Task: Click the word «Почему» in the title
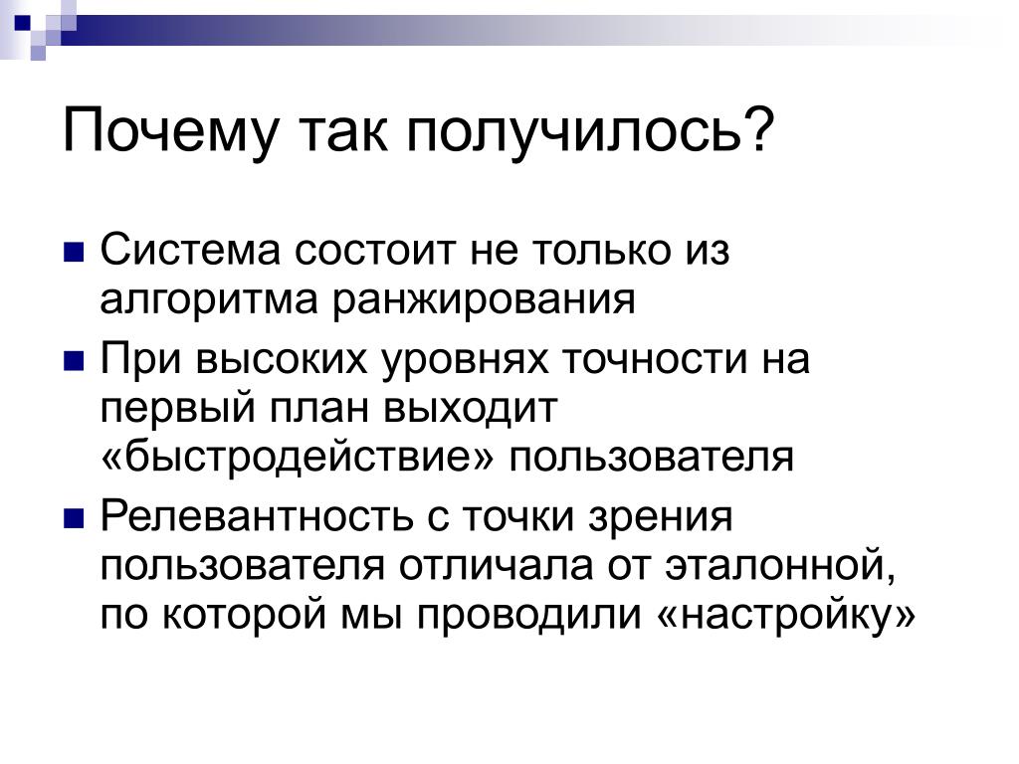pyautogui.click(x=170, y=132)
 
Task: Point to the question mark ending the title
pyautogui.click(x=757, y=127)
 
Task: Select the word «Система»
pyautogui.click(x=190, y=250)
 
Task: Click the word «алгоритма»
pyautogui.click(x=210, y=300)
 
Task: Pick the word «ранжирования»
pyautogui.click(x=485, y=300)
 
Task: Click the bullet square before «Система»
pyautogui.click(x=74, y=252)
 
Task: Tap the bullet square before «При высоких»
pyautogui.click(x=74, y=360)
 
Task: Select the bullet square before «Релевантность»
pyautogui.click(x=74, y=517)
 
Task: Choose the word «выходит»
pyautogui.click(x=471, y=409)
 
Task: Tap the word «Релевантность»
pyautogui.click(x=257, y=516)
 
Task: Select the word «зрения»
pyautogui.click(x=661, y=517)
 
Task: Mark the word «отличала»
pyautogui.click(x=496, y=565)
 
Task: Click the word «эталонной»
pyautogui.click(x=780, y=565)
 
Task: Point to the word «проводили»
pyautogui.click(x=529, y=616)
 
